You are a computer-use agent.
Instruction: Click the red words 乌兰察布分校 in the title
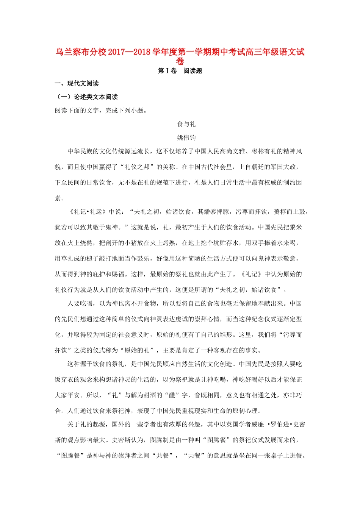[x=81, y=52]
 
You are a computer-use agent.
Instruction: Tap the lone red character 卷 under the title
[x=180, y=61]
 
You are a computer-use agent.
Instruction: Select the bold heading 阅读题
[x=193, y=71]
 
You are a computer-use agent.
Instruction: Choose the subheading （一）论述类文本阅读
[x=87, y=97]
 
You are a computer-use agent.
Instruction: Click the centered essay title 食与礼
[x=186, y=124]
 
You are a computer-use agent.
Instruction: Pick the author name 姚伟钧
[x=186, y=138]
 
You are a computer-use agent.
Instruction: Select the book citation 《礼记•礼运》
[x=87, y=212]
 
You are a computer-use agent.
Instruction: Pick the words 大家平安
[x=67, y=395]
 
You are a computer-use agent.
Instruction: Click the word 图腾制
[x=160, y=440]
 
